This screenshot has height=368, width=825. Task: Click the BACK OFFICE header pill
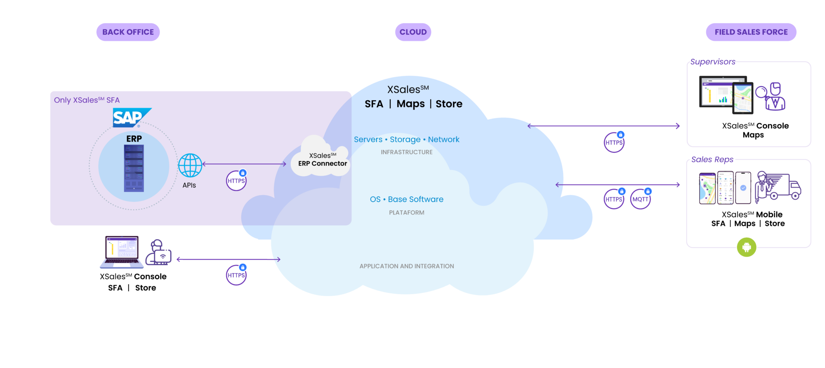point(128,32)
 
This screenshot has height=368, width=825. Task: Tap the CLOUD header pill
point(413,32)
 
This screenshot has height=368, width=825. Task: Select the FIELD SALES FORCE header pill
point(751,32)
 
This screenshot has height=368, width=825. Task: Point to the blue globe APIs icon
point(190,165)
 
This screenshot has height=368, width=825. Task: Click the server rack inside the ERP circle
point(134,168)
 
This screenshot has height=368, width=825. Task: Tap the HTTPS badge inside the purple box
point(236,181)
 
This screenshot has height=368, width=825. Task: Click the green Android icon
point(746,247)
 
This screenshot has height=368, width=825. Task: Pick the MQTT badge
point(640,199)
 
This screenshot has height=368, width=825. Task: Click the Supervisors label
point(712,62)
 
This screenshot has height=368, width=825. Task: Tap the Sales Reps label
point(712,160)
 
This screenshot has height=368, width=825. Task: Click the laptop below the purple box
point(122,252)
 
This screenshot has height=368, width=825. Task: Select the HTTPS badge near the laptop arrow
point(236,275)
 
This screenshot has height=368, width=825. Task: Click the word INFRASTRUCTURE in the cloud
point(406,152)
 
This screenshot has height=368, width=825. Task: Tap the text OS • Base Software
point(406,199)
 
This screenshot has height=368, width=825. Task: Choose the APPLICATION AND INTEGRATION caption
point(406,267)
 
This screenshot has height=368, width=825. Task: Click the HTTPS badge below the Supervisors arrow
point(614,143)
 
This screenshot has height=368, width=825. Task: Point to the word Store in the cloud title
point(449,104)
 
